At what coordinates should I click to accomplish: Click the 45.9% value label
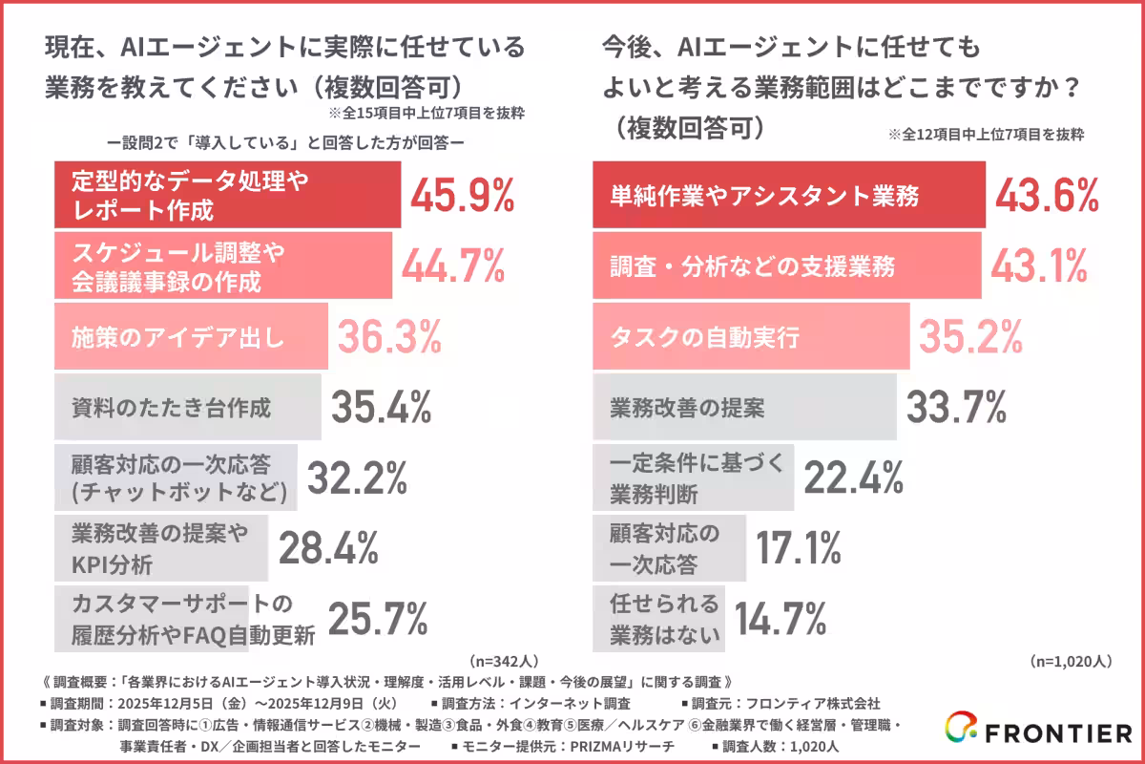click(x=463, y=195)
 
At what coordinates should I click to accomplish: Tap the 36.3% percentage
click(x=389, y=335)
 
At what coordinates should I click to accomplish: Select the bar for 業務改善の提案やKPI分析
click(x=160, y=549)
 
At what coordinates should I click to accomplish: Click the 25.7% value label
click(x=378, y=618)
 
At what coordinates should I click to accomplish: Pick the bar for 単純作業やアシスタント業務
click(x=787, y=196)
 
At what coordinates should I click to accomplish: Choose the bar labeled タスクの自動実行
click(x=750, y=337)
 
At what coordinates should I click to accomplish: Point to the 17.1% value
click(x=799, y=548)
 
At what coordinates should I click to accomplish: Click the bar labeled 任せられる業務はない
click(x=659, y=618)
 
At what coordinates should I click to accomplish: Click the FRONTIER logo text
click(x=1057, y=733)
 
